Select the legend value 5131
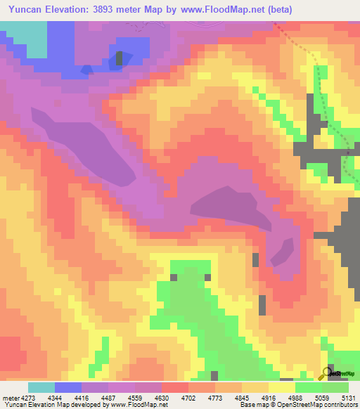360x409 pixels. pyautogui.click(x=347, y=398)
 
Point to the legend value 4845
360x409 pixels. pyautogui.click(x=245, y=398)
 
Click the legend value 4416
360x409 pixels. pyautogui.click(x=91, y=398)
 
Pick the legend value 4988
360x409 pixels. pyautogui.click(x=296, y=398)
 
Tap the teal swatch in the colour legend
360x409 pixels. pyautogui.click(x=41, y=387)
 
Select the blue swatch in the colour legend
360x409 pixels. pyautogui.click(x=68, y=387)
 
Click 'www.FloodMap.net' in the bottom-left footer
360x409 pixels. pyautogui.click(x=134, y=405)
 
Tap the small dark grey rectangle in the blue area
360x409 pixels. pyautogui.click(x=120, y=58)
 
